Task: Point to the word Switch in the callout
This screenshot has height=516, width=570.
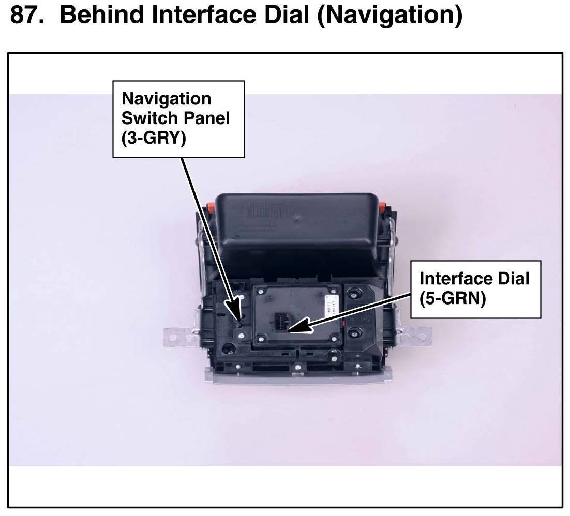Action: tap(147, 118)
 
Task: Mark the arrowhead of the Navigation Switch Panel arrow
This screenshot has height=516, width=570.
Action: tap(240, 320)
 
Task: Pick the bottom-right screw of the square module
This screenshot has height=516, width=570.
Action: tap(334, 339)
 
